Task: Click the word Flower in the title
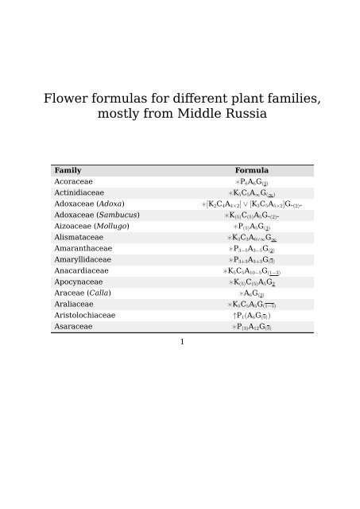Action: [66, 99]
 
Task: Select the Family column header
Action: [68, 170]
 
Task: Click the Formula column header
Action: [251, 170]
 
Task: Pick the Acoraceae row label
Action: [74, 181]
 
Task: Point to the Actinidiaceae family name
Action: [79, 192]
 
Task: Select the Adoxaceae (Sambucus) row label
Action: [97, 215]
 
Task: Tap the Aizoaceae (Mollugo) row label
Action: [91, 226]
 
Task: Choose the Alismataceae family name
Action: [78, 237]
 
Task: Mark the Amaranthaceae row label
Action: [83, 248]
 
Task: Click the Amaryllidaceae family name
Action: [83, 259]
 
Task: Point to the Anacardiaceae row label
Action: [81, 270]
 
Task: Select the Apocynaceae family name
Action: [78, 282]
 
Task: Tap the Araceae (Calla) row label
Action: [83, 293]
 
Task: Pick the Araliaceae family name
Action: [74, 304]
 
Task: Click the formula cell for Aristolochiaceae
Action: [251, 315]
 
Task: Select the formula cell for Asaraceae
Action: [251, 326]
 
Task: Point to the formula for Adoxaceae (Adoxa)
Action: [252, 204]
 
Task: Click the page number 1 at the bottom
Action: [181, 342]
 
